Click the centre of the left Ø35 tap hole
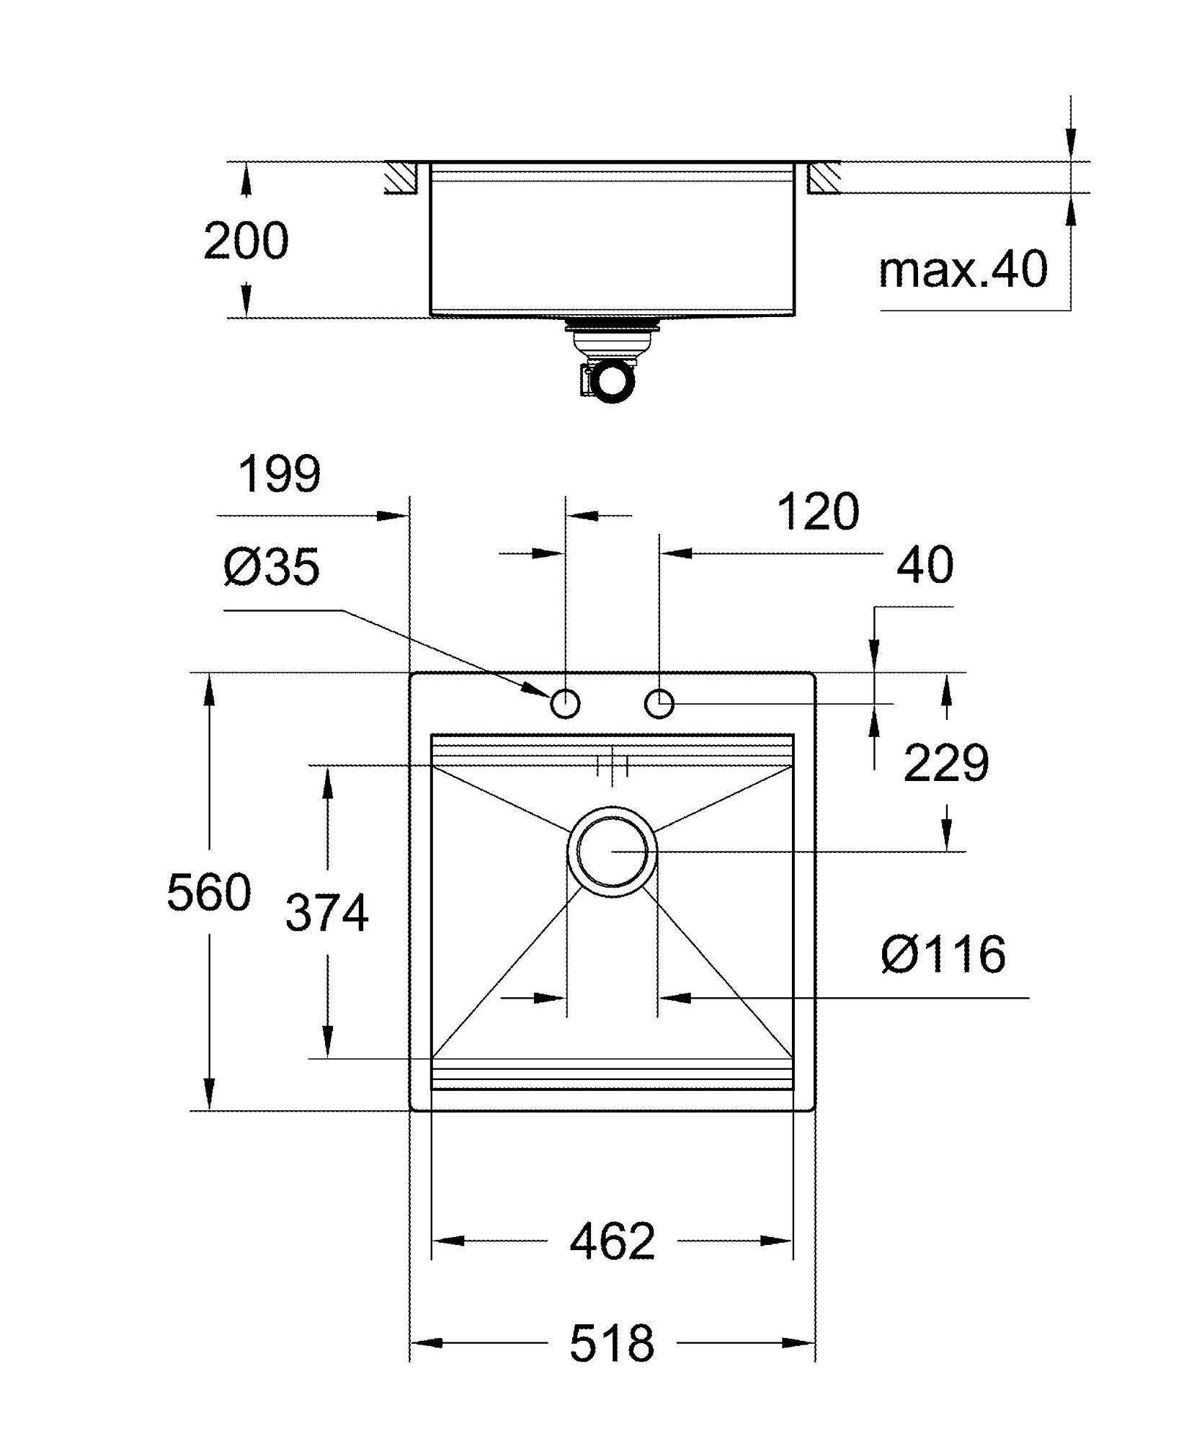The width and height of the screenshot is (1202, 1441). point(565,703)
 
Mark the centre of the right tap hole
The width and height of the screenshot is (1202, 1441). point(659,703)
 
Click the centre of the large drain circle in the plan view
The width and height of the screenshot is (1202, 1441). point(612,851)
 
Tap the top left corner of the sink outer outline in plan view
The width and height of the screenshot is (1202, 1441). point(409,673)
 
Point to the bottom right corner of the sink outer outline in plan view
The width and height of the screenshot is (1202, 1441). point(815,1110)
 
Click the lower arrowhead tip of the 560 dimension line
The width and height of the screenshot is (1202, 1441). point(209,1110)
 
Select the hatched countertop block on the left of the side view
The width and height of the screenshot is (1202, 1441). point(401,177)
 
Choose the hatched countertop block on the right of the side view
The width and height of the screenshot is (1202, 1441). point(823,177)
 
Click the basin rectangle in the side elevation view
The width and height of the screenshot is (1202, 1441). point(612,238)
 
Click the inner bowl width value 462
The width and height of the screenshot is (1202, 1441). point(613,1241)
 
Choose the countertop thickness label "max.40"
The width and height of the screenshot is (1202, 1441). point(963,269)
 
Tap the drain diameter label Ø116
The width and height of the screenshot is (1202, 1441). point(943,954)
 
